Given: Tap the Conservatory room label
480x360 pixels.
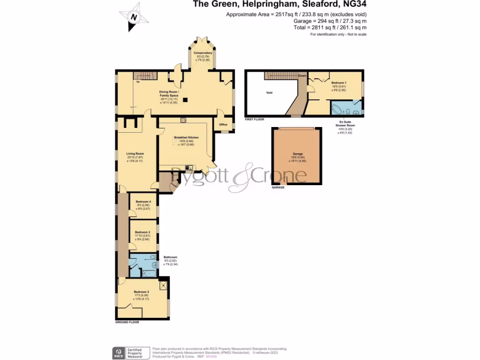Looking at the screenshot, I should click(203, 53).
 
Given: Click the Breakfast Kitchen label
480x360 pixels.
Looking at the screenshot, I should click(186, 137).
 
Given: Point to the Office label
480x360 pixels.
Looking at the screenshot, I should click(223, 125).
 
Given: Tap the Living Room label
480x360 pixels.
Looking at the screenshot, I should click(135, 154).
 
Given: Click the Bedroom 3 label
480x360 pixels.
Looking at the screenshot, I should click(142, 232).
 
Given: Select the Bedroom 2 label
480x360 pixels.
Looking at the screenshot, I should click(141, 292).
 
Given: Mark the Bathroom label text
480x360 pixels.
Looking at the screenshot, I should click(170, 257).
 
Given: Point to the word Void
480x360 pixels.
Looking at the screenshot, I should click(269, 93).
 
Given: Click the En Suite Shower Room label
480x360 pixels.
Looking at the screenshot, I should click(345, 124).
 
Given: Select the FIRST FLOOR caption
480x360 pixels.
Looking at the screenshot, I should click(255, 120).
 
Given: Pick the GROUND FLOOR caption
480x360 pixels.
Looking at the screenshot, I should click(127, 322).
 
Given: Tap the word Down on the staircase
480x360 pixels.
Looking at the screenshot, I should click(302, 75).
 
